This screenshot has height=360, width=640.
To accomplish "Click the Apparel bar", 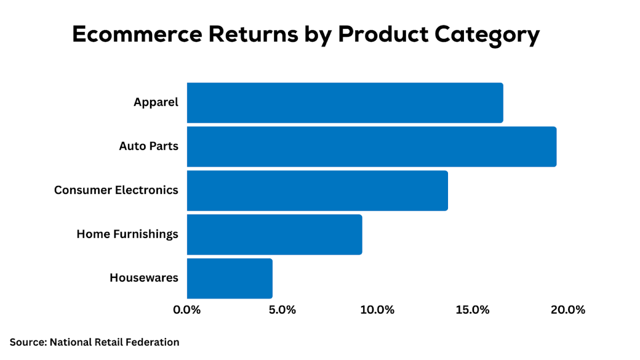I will (345, 103).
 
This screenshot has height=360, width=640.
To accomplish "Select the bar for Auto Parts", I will (371, 147).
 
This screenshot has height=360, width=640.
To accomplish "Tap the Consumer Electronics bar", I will (317, 190).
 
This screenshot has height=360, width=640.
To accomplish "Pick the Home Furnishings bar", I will (274, 234).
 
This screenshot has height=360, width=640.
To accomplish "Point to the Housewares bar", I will (229, 278).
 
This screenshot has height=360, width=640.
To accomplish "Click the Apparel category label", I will (156, 102).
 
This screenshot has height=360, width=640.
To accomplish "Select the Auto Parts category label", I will (148, 146).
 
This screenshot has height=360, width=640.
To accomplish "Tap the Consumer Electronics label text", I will (116, 190).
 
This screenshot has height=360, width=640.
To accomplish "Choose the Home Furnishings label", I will (127, 234).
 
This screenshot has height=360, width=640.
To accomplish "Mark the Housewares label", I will (144, 278).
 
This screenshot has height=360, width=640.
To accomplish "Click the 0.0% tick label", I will (187, 310).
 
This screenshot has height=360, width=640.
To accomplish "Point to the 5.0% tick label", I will (282, 310).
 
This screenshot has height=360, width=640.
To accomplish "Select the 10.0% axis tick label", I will (377, 310).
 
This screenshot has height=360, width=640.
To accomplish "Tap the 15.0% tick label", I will (473, 310).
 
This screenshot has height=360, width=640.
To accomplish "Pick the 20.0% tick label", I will (567, 310).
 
